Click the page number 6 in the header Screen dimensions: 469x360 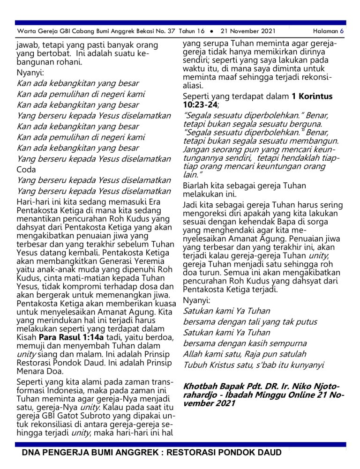pos(342,31)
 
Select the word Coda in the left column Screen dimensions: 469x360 pos(26,170)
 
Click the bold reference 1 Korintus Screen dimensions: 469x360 pos(312,97)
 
